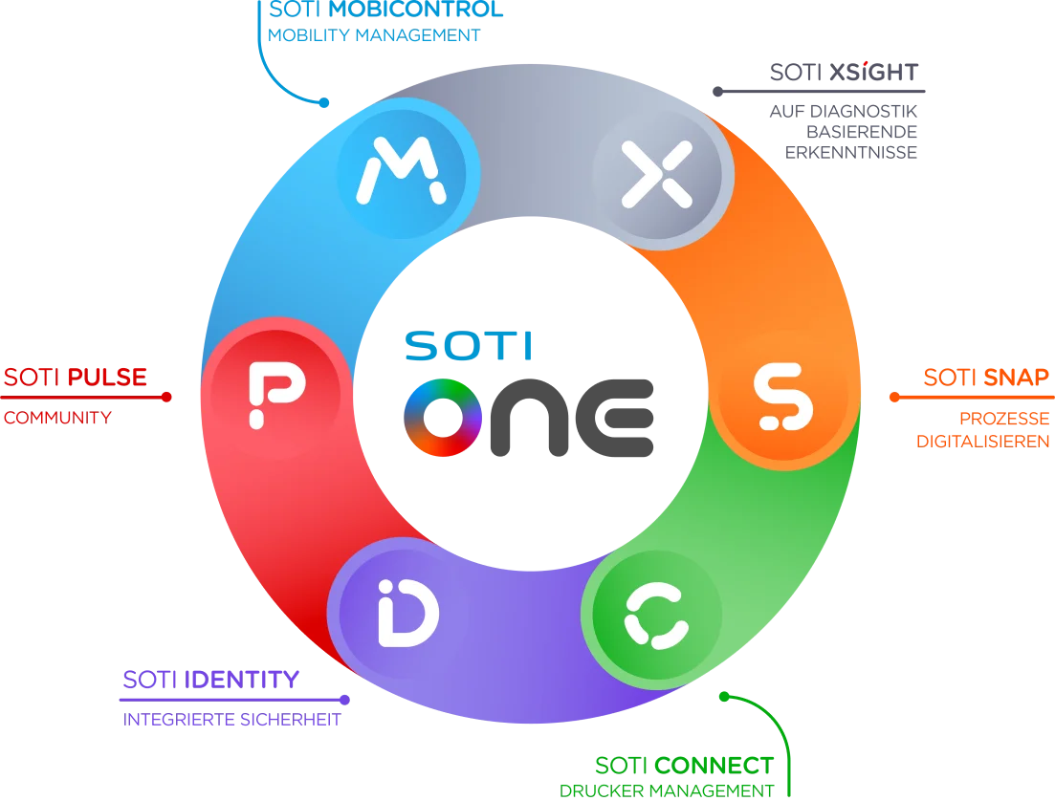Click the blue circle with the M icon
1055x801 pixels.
pyautogui.click(x=402, y=170)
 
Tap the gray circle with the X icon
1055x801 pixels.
pyautogui.click(x=656, y=173)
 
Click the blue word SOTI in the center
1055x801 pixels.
pyautogui.click(x=470, y=346)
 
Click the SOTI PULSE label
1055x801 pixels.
pyautogui.click(x=75, y=377)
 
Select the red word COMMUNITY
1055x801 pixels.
pyautogui.click(x=57, y=418)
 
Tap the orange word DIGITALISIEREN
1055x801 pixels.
pyautogui.click(x=983, y=441)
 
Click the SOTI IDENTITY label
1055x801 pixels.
pyautogui.click(x=211, y=680)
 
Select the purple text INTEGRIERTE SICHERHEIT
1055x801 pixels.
pyautogui.click(x=232, y=719)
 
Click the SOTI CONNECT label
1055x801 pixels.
pyautogui.click(x=683, y=765)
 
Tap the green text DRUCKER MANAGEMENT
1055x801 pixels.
pyautogui.click(x=666, y=790)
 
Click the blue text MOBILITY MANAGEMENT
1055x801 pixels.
pyautogui.click(x=374, y=36)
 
